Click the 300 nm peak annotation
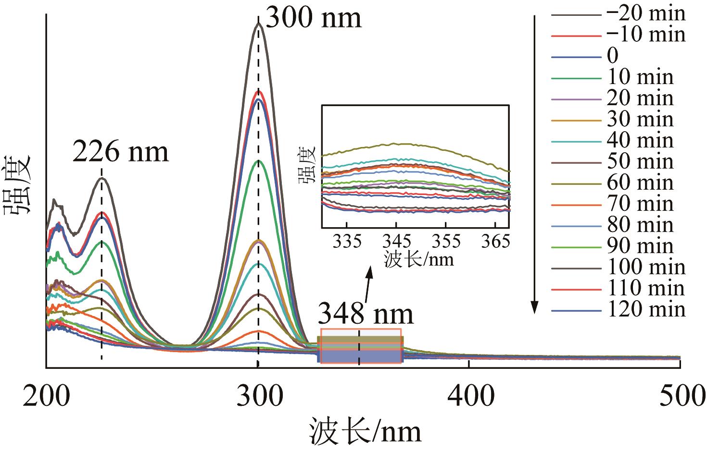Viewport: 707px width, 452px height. (313, 18)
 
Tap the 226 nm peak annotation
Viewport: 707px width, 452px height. (121, 152)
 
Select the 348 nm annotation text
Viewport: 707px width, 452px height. (366, 314)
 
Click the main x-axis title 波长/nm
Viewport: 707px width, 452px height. (366, 431)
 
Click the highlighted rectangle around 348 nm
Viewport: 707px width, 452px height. (361, 346)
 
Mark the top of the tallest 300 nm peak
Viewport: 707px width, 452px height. (258, 23)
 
